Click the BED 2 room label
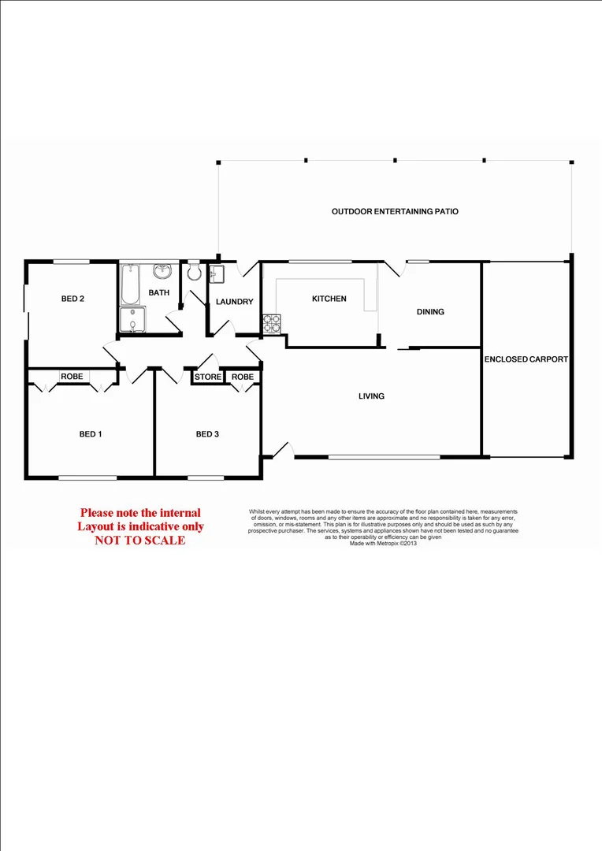[x=72, y=299]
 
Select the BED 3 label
[x=207, y=434]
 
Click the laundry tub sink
[x=218, y=273]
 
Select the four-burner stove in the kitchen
[x=271, y=324]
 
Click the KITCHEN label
[x=329, y=299]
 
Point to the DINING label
[x=430, y=311]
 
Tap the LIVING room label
[x=371, y=396]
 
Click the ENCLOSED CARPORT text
[x=526, y=359]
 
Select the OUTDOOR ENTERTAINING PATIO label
[x=395, y=211]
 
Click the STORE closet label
[x=208, y=377]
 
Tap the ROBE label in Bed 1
[x=72, y=377]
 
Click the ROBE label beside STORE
[x=243, y=377]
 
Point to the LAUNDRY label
[x=235, y=302]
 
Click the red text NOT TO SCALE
[x=140, y=540]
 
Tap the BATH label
[x=160, y=293]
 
